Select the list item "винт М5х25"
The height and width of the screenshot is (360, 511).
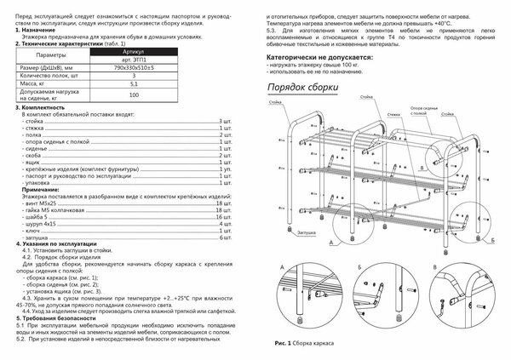pyautogui.click(x=41, y=205)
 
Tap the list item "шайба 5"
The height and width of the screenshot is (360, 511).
pyautogui.click(x=37, y=220)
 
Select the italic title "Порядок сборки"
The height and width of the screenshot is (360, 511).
pyautogui.click(x=299, y=88)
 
